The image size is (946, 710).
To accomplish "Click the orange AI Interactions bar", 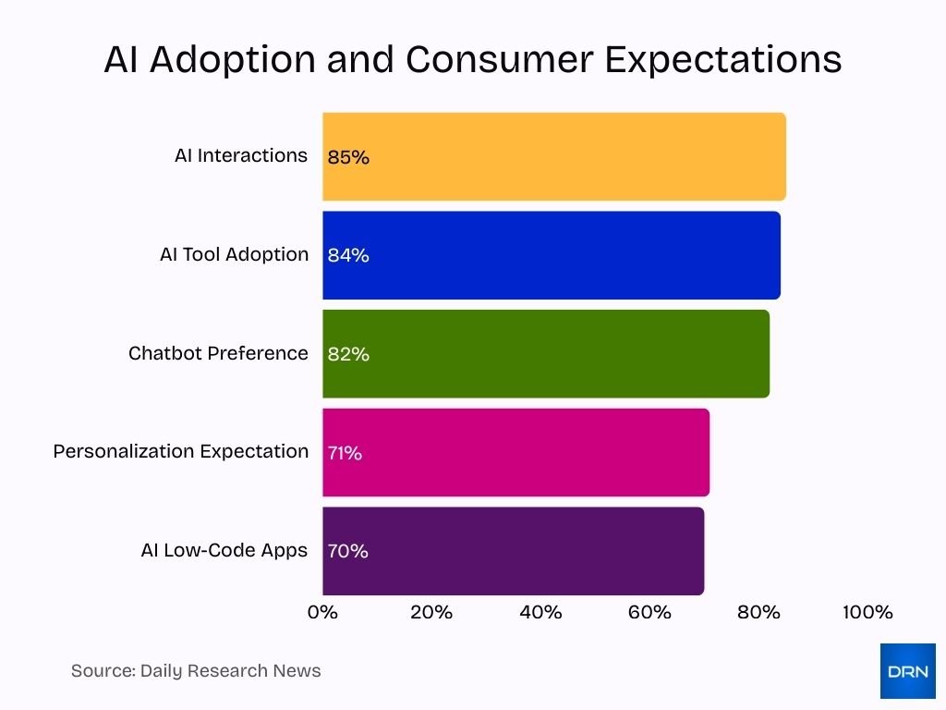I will click(x=554, y=156).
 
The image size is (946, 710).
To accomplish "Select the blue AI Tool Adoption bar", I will click(x=552, y=255).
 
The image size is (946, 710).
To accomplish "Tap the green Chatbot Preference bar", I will click(x=546, y=354).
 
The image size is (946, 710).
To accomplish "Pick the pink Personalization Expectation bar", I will click(x=516, y=452).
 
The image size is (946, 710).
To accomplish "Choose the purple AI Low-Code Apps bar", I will click(x=514, y=551).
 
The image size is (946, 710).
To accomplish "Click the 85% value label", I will click(x=348, y=157).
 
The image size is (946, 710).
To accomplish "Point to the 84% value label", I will click(x=348, y=256).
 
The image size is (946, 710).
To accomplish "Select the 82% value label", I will click(x=348, y=354).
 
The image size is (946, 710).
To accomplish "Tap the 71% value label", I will click(x=345, y=453).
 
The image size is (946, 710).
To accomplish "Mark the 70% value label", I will click(x=348, y=551).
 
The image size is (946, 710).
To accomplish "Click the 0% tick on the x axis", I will click(x=322, y=612).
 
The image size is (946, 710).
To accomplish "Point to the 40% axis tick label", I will click(x=540, y=612).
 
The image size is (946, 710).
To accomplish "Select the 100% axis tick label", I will click(x=867, y=612).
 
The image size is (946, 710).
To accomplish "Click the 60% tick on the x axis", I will click(x=649, y=612).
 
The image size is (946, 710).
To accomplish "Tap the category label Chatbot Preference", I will click(x=218, y=353).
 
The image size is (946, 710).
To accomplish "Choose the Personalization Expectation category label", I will click(x=181, y=451).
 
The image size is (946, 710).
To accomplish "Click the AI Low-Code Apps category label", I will click(x=224, y=550).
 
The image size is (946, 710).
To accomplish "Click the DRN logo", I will click(x=907, y=671).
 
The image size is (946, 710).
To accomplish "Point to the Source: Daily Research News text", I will click(x=196, y=670).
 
